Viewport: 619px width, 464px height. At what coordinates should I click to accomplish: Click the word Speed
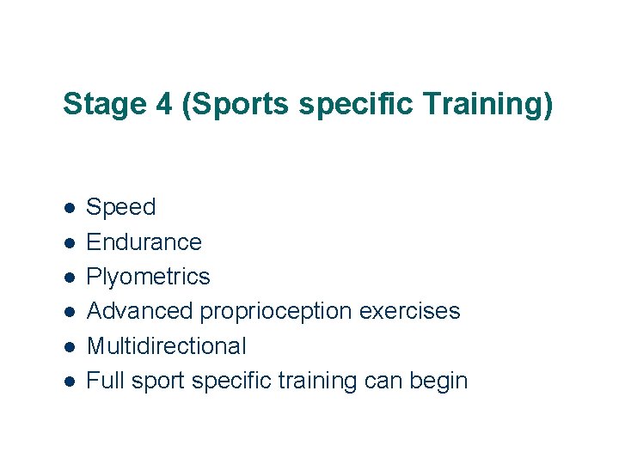coord(121,207)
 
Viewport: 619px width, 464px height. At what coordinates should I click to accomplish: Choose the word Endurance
coord(144,242)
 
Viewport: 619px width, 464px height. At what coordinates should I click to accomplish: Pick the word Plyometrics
coord(148,277)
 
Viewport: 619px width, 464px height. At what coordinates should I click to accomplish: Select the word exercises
coord(409,311)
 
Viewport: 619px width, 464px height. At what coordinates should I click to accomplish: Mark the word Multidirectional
coord(166,346)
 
